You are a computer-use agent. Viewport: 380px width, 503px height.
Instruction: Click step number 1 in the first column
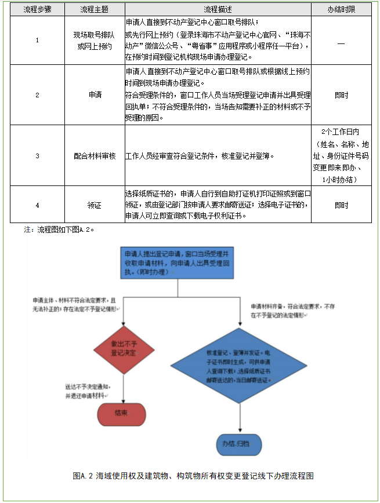(37, 40)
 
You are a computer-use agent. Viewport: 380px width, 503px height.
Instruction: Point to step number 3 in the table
(37, 156)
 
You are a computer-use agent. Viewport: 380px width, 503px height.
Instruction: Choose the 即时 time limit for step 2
(341, 94)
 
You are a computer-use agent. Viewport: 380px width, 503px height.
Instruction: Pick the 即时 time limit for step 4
(341, 205)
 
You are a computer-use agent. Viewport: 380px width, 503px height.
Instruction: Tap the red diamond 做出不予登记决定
(124, 348)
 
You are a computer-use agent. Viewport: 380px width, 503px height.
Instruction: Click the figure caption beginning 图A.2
(193, 476)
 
